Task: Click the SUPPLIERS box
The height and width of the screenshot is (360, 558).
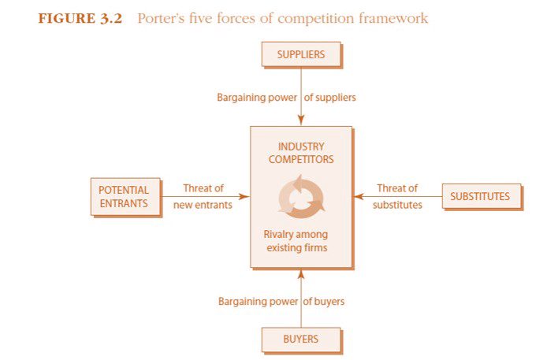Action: pyautogui.click(x=301, y=54)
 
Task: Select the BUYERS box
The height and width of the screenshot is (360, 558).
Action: pyautogui.click(x=301, y=340)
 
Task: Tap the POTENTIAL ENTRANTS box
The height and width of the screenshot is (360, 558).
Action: pyautogui.click(x=125, y=197)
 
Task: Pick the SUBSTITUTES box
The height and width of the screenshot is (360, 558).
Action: pyautogui.click(x=482, y=196)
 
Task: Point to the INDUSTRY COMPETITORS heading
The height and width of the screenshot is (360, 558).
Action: pyautogui.click(x=301, y=153)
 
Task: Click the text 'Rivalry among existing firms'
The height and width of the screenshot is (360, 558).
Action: pyautogui.click(x=296, y=241)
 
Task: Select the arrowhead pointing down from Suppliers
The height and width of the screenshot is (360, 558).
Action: pyautogui.click(x=301, y=121)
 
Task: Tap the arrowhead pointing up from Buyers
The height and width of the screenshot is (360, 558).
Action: pyautogui.click(x=301, y=274)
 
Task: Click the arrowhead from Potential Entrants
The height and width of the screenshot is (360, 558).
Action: pyautogui.click(x=244, y=196)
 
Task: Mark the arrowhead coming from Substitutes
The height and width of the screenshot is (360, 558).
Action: pyautogui.click(x=359, y=196)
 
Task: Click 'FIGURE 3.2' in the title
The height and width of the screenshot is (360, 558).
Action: pyautogui.click(x=80, y=18)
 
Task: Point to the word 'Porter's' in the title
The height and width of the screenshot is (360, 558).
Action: pyautogui.click(x=161, y=18)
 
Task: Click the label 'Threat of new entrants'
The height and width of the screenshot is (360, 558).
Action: pyautogui.click(x=203, y=196)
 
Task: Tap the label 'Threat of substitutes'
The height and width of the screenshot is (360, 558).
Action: pyautogui.click(x=397, y=196)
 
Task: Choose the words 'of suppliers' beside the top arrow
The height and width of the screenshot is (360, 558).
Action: pyautogui.click(x=330, y=98)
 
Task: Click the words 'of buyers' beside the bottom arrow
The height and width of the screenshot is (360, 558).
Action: pyautogui.click(x=324, y=302)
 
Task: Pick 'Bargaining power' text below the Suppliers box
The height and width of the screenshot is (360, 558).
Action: pyautogui.click(x=257, y=98)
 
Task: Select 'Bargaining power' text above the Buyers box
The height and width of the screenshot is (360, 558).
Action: pyautogui.click(x=258, y=302)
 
